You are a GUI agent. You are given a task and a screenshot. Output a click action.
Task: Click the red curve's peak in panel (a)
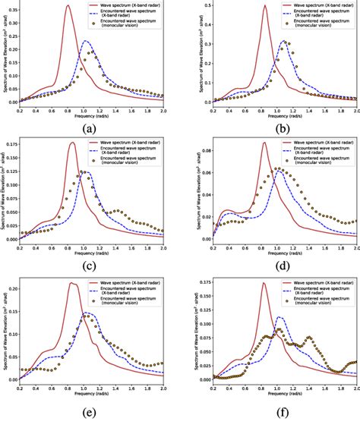[68, 6]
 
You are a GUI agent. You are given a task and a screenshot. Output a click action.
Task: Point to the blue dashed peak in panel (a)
[85, 41]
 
